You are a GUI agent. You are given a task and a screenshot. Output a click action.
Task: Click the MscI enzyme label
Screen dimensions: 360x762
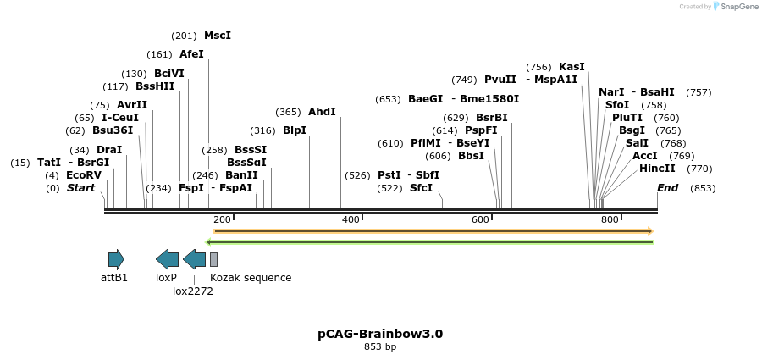tap(218, 36)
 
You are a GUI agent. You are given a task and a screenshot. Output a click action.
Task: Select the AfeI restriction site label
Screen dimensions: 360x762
tap(191, 54)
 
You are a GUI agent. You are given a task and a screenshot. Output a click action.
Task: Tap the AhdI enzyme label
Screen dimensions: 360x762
tap(322, 112)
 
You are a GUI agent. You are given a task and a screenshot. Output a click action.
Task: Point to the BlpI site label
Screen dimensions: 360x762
tap(295, 130)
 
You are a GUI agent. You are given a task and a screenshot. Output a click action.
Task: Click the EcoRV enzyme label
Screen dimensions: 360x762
tap(84, 175)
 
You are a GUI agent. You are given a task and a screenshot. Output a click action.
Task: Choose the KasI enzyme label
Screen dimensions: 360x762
tap(571, 67)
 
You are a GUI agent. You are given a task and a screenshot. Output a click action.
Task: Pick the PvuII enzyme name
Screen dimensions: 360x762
tap(500, 80)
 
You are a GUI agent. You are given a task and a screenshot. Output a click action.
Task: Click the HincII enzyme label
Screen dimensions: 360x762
tap(657, 169)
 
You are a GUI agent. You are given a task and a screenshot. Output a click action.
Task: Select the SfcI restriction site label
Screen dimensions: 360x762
tap(421, 188)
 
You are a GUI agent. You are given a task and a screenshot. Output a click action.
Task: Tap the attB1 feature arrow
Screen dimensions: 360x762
tap(116, 260)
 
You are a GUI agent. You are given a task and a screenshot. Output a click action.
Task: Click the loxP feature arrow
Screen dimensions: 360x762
tap(167, 260)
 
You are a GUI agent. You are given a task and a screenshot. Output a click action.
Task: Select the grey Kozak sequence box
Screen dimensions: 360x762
tap(213, 260)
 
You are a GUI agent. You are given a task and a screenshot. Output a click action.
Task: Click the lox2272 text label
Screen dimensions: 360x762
tap(193, 291)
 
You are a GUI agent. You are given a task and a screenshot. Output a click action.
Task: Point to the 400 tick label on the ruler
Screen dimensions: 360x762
tap(351, 220)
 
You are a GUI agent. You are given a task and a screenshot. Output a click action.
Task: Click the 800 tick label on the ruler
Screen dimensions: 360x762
tap(610, 220)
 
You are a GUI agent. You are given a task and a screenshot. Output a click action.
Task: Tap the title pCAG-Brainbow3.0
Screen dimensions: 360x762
tap(380, 334)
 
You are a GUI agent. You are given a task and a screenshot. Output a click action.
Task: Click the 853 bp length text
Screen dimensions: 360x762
tap(380, 346)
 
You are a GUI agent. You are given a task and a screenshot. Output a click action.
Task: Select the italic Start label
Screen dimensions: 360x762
tap(80, 188)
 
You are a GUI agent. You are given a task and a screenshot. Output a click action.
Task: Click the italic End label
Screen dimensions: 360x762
tap(667, 188)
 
